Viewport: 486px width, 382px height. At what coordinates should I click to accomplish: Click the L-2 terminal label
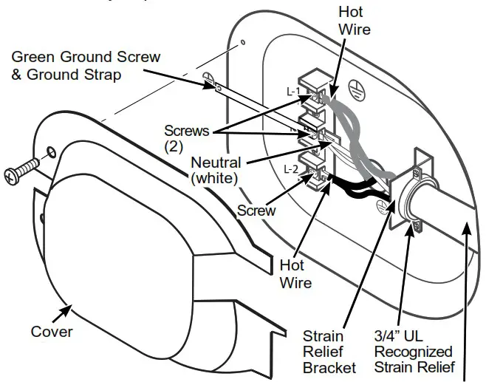(292, 168)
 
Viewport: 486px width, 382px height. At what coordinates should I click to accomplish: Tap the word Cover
(51, 331)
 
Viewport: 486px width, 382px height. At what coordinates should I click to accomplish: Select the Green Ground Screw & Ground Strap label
(86, 64)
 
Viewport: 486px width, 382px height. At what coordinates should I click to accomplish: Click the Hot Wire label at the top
(354, 21)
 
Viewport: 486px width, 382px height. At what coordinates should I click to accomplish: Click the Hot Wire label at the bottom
(295, 273)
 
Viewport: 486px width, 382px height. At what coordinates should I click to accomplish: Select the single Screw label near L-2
(256, 211)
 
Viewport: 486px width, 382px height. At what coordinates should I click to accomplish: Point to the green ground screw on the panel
(210, 81)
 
